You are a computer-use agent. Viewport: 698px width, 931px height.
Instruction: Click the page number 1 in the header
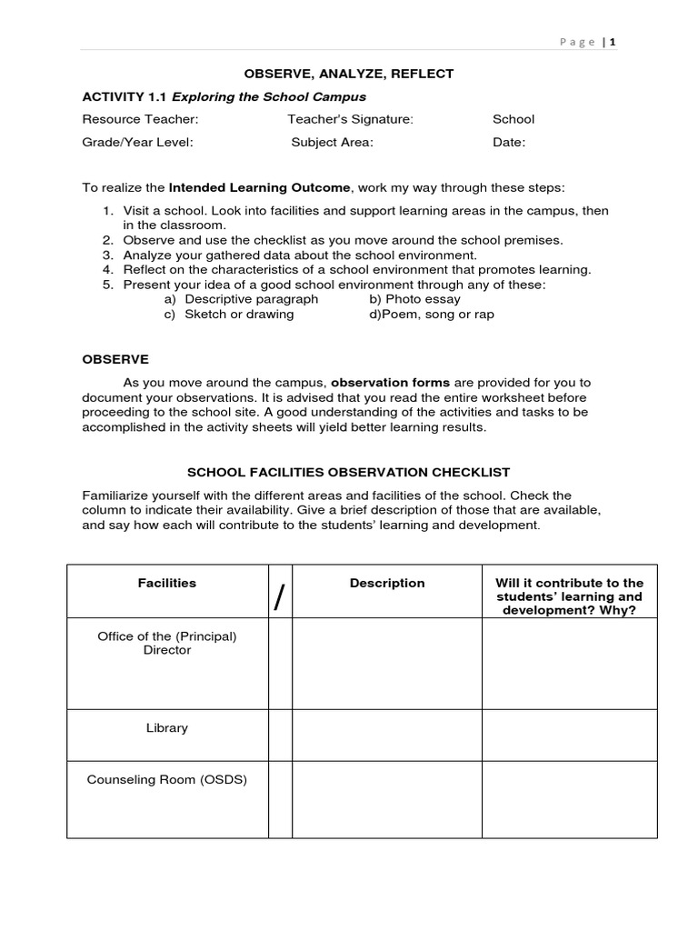click(x=613, y=41)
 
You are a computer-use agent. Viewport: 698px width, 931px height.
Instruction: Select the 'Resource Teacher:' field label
click(x=140, y=119)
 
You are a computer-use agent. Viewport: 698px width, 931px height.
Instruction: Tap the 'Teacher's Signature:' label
click(x=350, y=119)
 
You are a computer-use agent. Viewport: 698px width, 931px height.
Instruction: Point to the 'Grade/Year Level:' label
click(x=137, y=142)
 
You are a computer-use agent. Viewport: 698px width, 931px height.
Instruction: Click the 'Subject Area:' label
click(x=332, y=142)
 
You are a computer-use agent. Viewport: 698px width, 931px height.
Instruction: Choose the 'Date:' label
click(x=509, y=142)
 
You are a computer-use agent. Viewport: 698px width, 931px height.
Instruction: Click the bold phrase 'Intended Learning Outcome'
click(x=259, y=187)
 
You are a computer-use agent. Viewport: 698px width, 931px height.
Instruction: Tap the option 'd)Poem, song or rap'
click(x=432, y=315)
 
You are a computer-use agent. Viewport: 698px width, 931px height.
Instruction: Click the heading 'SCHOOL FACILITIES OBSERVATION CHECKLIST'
click(x=348, y=473)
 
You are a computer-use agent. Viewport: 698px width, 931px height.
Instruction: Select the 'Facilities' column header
click(x=166, y=583)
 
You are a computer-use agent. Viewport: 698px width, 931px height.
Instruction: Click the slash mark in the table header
click(x=279, y=598)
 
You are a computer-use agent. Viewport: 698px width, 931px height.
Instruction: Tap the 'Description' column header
click(x=387, y=583)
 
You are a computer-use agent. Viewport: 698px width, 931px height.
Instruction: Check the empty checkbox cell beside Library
click(x=280, y=735)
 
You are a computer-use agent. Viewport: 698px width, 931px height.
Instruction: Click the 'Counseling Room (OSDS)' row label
click(x=166, y=780)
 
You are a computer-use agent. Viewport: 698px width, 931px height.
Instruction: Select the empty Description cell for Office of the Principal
click(x=387, y=664)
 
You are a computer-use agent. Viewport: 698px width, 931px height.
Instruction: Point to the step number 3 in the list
click(x=106, y=255)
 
